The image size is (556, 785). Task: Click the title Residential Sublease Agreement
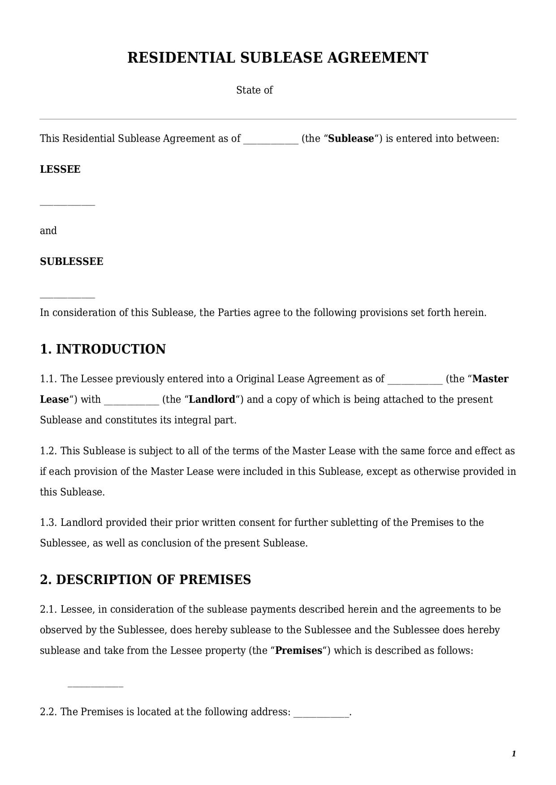pos(278,58)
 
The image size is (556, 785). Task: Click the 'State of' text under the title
pos(254,90)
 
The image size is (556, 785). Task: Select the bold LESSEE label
pos(60,169)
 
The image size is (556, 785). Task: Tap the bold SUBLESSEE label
pos(72,261)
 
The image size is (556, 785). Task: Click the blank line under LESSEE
pos(68,205)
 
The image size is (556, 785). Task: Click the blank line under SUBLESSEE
pos(68,297)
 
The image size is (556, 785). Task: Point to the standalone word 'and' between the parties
pos(48,230)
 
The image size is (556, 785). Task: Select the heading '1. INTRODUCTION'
pos(103,349)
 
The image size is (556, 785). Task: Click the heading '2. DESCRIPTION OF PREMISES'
pos(145,580)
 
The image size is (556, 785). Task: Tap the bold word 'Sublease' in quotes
pos(351,139)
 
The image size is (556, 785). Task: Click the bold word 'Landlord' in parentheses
pos(212,400)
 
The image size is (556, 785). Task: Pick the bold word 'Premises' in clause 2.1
pos(298,651)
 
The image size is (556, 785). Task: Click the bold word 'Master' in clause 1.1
pos(490,379)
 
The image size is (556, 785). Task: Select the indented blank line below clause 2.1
pos(95,686)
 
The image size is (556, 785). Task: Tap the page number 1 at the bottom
pos(513,754)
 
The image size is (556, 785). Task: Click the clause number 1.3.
pos(48,523)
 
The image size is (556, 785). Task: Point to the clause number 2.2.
pos(48,712)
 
